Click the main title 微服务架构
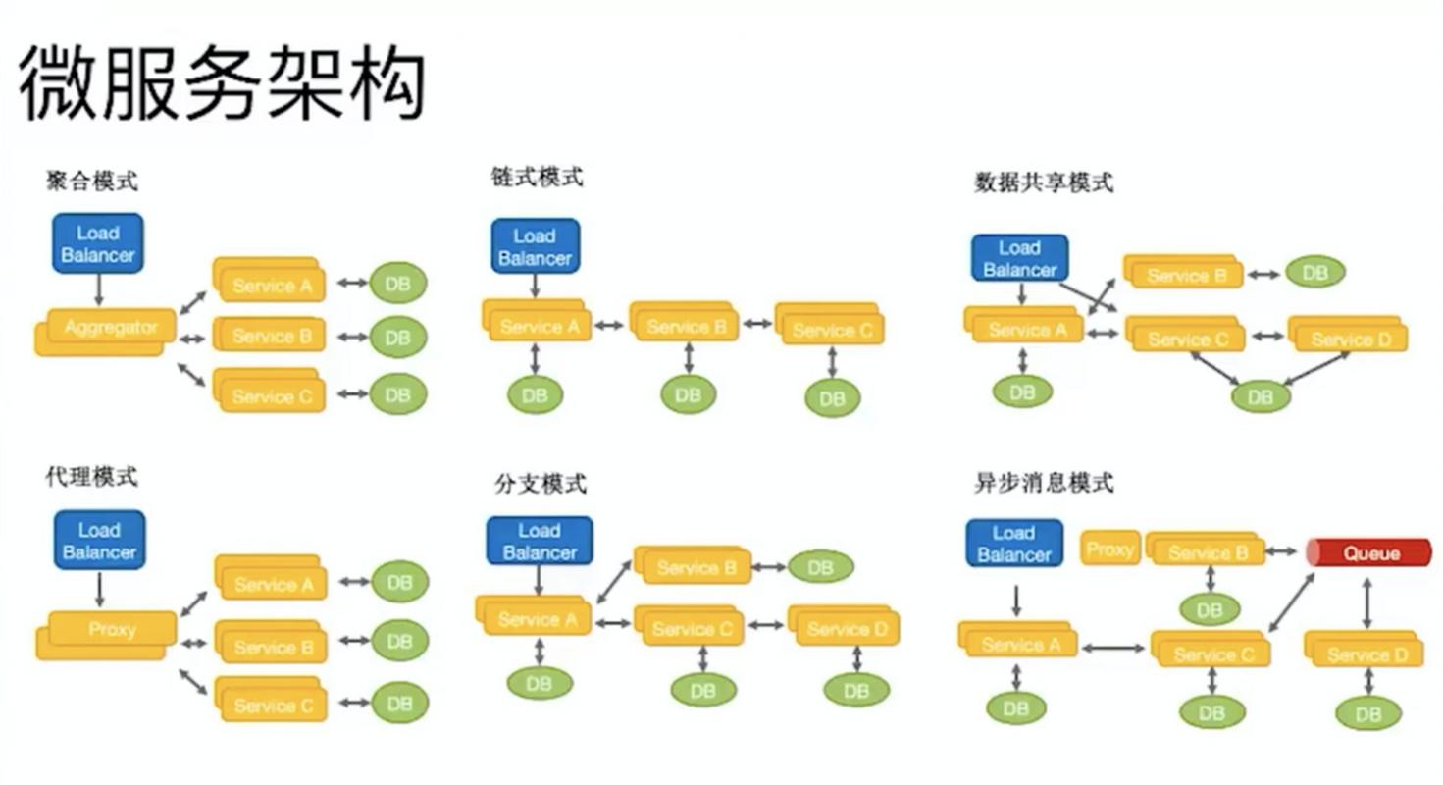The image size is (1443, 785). [x=222, y=82]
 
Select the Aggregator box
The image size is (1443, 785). [x=107, y=329]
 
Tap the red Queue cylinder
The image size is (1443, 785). [x=1370, y=553]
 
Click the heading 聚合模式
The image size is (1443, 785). [x=91, y=182]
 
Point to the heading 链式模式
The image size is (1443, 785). [x=537, y=178]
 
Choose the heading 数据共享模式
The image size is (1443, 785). [x=1044, y=183]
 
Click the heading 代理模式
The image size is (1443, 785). [x=91, y=478]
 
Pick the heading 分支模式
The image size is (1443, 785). [x=541, y=484]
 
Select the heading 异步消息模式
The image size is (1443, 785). [x=1044, y=483]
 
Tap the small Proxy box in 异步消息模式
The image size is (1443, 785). [x=1110, y=549]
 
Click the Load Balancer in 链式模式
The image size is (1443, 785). [x=535, y=246]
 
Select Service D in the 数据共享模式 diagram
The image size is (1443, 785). [x=1350, y=337]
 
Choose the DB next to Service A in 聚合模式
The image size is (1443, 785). [x=398, y=285]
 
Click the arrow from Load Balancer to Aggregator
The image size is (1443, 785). [x=98, y=290]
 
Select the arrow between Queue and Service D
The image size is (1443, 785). [x=1366, y=603]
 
